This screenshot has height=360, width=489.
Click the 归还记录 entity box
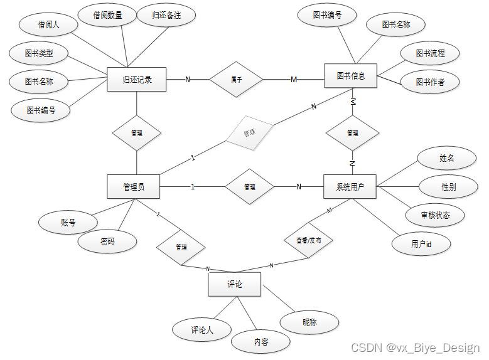137,79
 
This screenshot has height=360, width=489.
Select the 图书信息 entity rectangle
350,76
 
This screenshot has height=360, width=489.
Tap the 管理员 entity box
134,186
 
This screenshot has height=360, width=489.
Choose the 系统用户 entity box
350,186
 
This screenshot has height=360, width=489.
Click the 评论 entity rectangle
234,284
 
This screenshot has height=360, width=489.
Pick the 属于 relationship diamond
237,80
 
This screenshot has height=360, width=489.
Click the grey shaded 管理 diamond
249,133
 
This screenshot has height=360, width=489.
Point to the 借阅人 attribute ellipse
48,25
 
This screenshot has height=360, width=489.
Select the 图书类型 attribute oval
39,54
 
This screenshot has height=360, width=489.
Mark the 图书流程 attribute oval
430,54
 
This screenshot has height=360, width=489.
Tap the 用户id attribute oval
421,244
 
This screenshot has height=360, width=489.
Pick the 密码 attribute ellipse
107,241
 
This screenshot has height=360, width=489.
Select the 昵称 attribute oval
309,322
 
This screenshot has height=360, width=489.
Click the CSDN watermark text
415,348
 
